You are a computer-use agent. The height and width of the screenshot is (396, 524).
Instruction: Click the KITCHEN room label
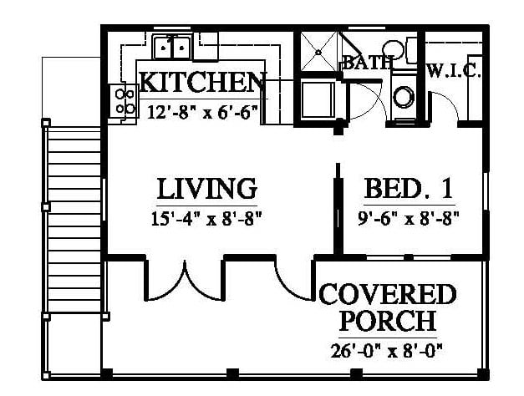(x=203, y=82)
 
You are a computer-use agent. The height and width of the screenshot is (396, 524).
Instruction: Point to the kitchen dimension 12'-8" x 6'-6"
(x=203, y=112)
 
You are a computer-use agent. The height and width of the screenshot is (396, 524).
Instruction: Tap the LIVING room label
(x=207, y=189)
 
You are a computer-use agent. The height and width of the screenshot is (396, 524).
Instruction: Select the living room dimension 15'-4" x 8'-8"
(x=206, y=219)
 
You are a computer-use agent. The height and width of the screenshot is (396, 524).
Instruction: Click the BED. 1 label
(x=409, y=189)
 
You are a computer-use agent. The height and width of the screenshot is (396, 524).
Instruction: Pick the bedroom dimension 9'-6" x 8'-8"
(x=409, y=219)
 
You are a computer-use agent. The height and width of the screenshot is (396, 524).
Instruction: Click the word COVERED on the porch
(x=388, y=294)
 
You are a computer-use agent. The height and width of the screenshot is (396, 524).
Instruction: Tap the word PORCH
(x=389, y=321)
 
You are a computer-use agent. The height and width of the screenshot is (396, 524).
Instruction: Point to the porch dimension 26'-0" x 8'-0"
(x=386, y=351)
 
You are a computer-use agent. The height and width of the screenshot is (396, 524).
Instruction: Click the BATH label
(x=368, y=63)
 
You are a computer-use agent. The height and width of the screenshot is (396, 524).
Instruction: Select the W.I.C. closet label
(x=454, y=71)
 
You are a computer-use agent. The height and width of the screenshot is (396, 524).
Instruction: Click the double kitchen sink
(x=172, y=47)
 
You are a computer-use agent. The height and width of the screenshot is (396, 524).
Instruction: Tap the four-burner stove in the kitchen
(x=125, y=100)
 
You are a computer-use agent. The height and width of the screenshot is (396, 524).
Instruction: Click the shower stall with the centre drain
(x=318, y=52)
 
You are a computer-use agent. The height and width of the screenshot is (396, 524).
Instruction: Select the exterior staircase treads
(x=74, y=221)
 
